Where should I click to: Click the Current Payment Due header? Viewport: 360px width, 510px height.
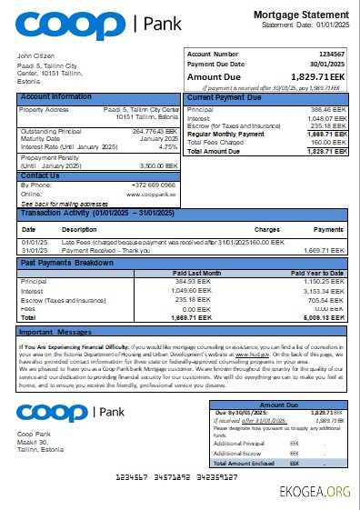225,96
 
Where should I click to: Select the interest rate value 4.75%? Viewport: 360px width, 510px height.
168,145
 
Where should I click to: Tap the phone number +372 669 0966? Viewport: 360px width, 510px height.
157,185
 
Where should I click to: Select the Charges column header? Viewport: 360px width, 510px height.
266,229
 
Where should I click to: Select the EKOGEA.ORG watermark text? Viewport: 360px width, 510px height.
315,492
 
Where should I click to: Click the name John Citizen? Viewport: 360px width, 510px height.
37,56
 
